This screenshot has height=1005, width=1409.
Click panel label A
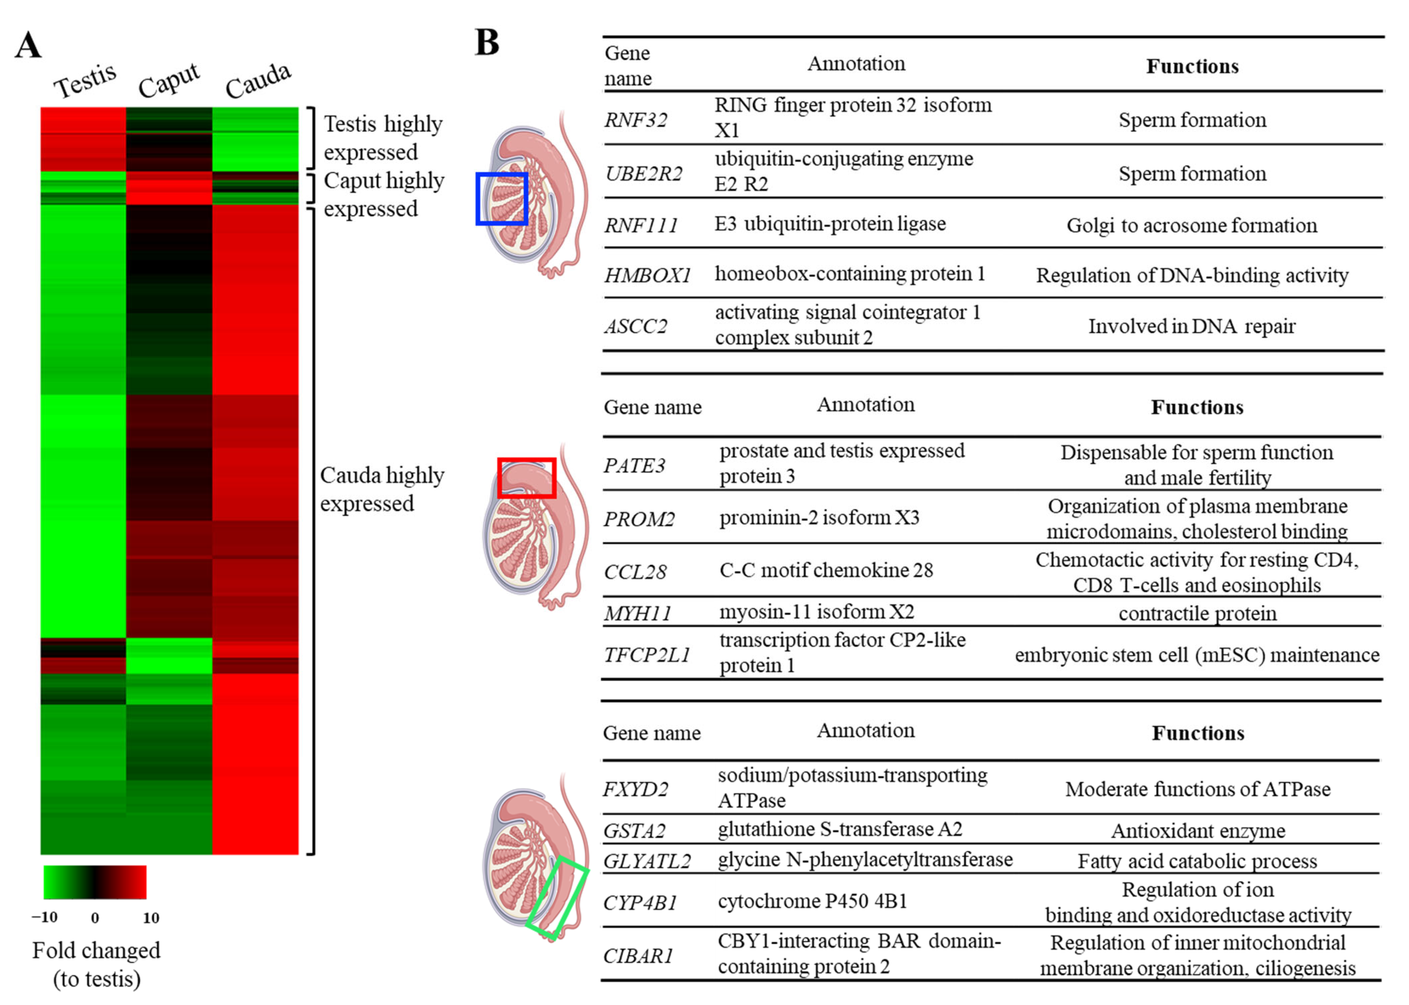[28, 46]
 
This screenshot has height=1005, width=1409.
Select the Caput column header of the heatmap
[168, 81]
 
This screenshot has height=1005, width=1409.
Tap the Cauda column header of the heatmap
[257, 81]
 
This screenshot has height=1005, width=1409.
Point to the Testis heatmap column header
[85, 81]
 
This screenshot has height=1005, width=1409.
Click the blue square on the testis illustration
[501, 198]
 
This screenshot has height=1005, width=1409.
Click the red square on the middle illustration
[527, 478]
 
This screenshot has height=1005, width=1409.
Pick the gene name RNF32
[636, 119]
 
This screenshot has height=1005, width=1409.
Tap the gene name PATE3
[634, 465]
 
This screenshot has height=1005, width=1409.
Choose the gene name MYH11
[637, 613]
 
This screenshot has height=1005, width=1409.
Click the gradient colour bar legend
[95, 882]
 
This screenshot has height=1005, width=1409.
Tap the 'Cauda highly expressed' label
[382, 489]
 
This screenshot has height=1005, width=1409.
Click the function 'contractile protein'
[1197, 613]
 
